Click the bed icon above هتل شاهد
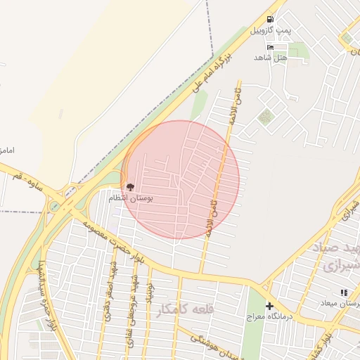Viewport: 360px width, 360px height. [x=271, y=46]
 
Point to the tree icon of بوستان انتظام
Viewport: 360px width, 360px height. [x=129, y=187]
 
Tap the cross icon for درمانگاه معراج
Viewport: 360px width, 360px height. [x=269, y=307]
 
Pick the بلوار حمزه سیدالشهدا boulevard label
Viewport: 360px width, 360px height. [x=46, y=300]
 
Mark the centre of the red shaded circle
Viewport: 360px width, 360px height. [x=180, y=180]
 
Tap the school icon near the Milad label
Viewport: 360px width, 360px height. [x=344, y=292]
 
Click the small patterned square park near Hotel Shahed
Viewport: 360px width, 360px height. [x=265, y=117]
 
